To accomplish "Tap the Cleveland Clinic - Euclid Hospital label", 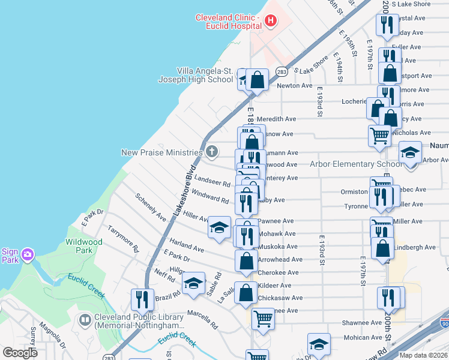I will click(228, 22).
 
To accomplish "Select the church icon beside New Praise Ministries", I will click(211, 152).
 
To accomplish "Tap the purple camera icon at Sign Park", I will click(27, 256).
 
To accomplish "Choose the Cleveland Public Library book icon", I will click(85, 320).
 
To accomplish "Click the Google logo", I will click(20, 353).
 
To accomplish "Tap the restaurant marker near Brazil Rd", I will click(142, 299).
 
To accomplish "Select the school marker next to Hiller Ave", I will click(220, 227).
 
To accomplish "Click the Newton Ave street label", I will click(295, 86).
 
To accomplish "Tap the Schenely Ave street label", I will click(151, 207).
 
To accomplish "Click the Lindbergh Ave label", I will click(415, 247).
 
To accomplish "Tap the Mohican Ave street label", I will click(362, 338).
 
